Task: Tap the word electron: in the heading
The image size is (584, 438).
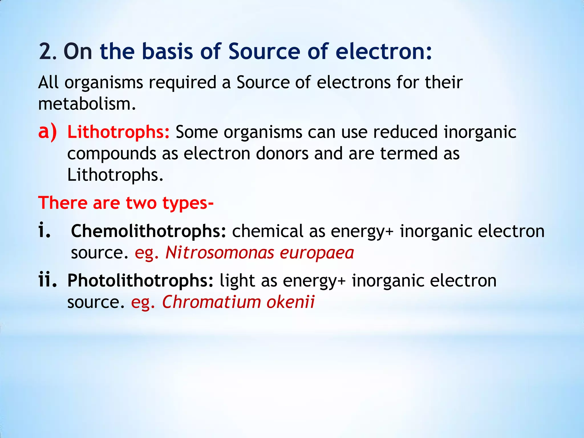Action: pos(384,52)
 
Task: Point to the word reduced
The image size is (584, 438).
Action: pos(405,132)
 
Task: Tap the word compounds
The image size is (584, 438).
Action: pos(111,154)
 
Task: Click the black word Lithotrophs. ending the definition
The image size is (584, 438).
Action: pos(115,175)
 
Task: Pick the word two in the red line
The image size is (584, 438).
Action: pos(141,203)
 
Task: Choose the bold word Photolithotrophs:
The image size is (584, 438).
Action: pos(140,281)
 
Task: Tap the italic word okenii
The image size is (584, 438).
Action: pos(290,302)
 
